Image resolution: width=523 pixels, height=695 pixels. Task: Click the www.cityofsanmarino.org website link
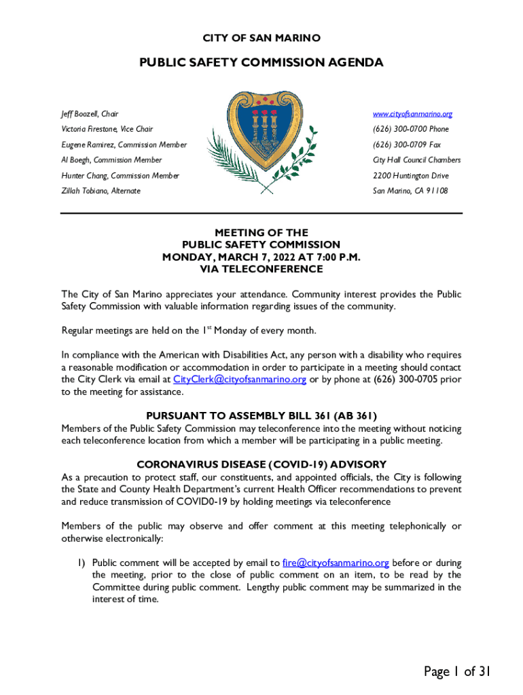coord(412,114)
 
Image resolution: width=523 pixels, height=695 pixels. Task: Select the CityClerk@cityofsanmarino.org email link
coord(240,379)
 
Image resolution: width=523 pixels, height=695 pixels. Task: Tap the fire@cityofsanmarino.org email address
coord(336,563)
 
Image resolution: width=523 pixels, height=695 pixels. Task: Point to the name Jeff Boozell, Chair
coord(90,114)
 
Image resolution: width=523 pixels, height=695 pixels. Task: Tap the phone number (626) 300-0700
coord(411,129)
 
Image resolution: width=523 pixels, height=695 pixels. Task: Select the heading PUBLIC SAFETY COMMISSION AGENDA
coord(261,63)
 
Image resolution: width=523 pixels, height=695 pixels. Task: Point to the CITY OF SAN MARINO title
coord(261,38)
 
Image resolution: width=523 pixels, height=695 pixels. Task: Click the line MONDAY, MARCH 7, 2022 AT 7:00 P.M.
coord(261,257)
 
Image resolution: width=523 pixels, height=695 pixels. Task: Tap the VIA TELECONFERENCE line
coord(261,269)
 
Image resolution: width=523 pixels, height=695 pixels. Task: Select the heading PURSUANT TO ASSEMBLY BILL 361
coord(261,416)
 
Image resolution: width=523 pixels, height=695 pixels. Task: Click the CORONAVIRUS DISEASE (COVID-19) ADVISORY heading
coord(261,465)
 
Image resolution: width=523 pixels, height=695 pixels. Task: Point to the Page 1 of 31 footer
coord(456,672)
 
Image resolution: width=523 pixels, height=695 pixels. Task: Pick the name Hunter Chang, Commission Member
coord(120,176)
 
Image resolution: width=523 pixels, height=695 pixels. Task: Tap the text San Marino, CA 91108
coord(410,191)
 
